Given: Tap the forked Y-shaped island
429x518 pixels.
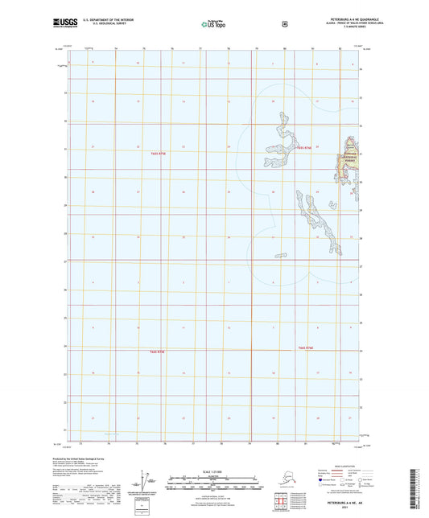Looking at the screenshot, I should (278, 145).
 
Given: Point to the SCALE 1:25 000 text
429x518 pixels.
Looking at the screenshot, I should (197, 471).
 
